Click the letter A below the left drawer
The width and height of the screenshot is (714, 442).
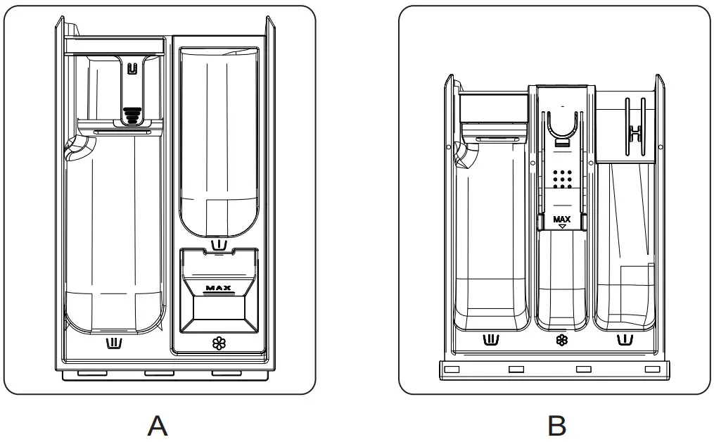point(158,426)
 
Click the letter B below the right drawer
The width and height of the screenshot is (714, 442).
point(557,426)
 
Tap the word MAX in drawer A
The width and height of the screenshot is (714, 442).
point(219,288)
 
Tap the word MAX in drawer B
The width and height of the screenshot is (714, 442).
point(562,219)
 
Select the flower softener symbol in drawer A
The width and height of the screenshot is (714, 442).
point(219,343)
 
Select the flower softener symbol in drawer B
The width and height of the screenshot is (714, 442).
point(562,340)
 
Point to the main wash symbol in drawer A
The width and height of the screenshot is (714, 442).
point(114,343)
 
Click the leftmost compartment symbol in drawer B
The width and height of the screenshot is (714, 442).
point(491,340)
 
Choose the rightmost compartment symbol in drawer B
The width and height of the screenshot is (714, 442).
point(625,340)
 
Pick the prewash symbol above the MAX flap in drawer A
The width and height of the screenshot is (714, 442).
point(219,245)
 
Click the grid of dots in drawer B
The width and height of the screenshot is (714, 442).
point(562,179)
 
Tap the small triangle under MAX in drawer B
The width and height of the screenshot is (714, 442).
point(562,226)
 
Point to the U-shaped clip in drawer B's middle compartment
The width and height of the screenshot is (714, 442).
point(563,125)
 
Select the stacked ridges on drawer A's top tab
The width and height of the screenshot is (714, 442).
point(132,115)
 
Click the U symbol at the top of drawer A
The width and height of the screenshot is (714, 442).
point(132,68)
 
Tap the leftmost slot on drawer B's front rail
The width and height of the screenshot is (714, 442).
point(452,369)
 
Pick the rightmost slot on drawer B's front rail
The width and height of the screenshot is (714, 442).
point(653,369)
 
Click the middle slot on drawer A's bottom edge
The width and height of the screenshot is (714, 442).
point(160,374)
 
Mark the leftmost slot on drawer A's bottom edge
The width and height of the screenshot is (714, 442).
point(92,374)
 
